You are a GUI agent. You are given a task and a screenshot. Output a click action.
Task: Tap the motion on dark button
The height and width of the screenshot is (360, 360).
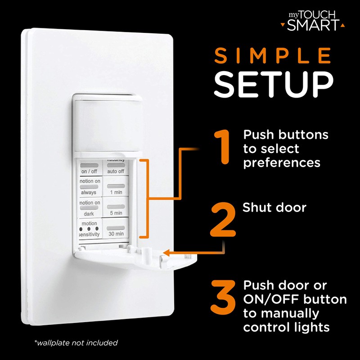(90, 208)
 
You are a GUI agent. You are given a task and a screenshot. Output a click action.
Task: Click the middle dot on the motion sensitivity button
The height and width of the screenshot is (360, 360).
(89, 229)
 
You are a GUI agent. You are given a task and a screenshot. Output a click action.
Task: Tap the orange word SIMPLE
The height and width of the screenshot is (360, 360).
(273, 55)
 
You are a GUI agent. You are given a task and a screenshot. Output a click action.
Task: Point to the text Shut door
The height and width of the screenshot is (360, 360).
(274, 207)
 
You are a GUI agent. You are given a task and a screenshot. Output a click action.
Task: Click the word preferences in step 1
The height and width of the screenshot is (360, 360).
(282, 163)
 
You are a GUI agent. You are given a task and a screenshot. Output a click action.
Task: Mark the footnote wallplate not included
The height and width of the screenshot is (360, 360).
(76, 343)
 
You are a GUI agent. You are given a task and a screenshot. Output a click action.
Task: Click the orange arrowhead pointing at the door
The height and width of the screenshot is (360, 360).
(166, 253)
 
